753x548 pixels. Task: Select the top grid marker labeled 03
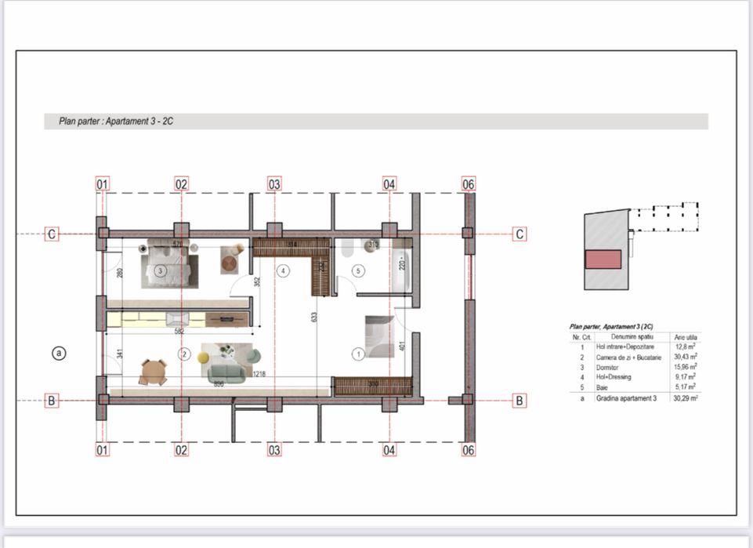tap(274, 184)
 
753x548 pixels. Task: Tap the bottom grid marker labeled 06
tap(469, 450)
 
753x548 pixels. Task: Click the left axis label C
tap(52, 234)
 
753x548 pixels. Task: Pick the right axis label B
tap(519, 401)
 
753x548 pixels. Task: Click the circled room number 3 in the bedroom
tap(160, 271)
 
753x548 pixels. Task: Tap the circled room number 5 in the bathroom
tap(359, 271)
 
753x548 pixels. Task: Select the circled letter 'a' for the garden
tap(58, 354)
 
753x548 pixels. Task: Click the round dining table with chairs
tap(153, 371)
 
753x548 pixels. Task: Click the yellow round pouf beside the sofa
tap(204, 357)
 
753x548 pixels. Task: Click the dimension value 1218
tap(258, 375)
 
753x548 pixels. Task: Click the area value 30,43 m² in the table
tap(685, 357)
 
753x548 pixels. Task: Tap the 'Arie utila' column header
tap(686, 336)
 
